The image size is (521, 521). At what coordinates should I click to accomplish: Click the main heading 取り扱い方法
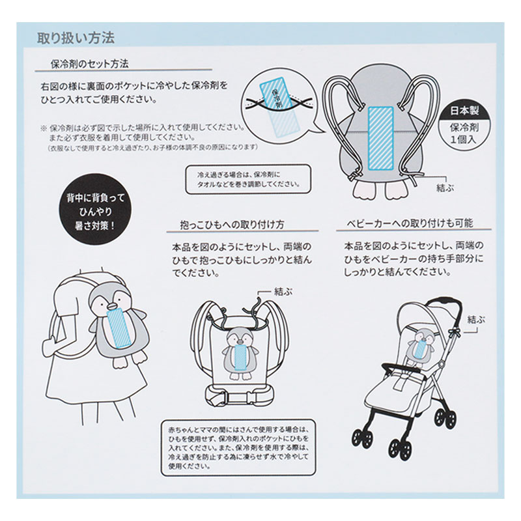[76, 38]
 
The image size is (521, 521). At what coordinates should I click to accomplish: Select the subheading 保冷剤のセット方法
[89, 64]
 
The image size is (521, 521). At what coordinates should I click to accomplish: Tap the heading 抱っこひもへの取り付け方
[232, 225]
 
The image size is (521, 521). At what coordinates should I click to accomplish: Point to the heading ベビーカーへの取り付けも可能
[410, 223]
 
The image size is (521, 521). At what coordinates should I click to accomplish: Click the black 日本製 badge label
[464, 111]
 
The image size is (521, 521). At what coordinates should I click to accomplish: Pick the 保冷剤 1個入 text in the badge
[464, 134]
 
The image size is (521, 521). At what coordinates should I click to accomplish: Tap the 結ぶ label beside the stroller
[476, 320]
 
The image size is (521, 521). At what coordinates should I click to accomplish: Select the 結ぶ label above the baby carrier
[283, 291]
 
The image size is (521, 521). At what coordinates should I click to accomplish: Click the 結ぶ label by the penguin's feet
[445, 188]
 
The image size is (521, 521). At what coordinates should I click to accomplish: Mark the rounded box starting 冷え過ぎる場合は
[248, 179]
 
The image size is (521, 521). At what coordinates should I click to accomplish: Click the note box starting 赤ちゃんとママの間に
[238, 447]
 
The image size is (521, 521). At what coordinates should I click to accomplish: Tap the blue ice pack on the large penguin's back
[381, 139]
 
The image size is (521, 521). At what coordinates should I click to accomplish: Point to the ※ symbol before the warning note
[44, 128]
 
